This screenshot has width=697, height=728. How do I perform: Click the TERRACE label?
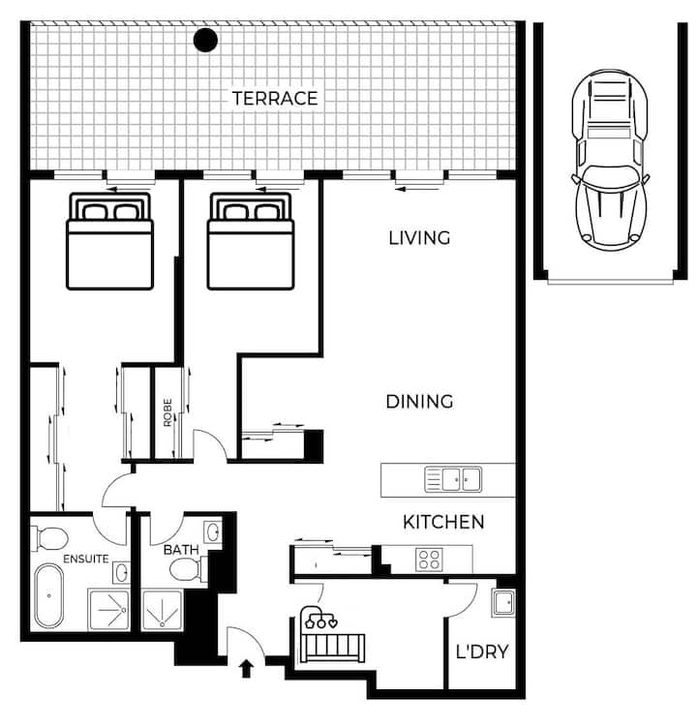(275, 99)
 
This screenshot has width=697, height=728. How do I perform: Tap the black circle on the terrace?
(205, 40)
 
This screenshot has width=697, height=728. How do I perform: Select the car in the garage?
(610, 160)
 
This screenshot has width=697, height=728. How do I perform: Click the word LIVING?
(419, 238)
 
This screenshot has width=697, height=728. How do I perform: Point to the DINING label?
(419, 402)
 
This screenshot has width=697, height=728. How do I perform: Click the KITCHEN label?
(443, 523)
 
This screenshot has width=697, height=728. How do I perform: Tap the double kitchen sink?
(453, 479)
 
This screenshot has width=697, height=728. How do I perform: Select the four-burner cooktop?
(429, 559)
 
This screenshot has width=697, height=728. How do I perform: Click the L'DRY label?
(482, 652)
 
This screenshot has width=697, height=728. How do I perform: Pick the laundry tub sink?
(503, 603)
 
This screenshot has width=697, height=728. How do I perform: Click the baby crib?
(331, 636)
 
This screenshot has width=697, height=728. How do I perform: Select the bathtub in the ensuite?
(48, 595)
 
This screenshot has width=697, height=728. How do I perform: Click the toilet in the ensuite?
(49, 538)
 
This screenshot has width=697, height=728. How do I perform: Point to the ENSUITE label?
(86, 559)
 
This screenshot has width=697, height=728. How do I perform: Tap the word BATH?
(181, 550)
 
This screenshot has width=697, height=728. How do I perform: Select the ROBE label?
(167, 412)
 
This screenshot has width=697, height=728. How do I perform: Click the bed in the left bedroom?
(110, 240)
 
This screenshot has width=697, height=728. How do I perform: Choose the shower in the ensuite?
(109, 610)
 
